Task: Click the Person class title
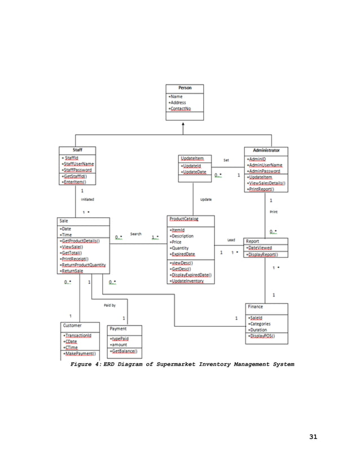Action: (185, 88)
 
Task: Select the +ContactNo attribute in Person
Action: (179, 109)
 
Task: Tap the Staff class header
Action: (77, 150)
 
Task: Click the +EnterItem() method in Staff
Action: (77, 182)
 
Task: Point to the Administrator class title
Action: (266, 151)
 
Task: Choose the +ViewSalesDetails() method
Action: (266, 183)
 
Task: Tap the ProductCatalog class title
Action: (183, 219)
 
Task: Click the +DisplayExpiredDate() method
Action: (191, 275)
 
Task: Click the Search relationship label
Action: (136, 234)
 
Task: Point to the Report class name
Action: (252, 241)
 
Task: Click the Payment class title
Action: (118, 328)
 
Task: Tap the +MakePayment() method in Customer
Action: (79, 354)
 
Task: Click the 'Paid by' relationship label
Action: (109, 305)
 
